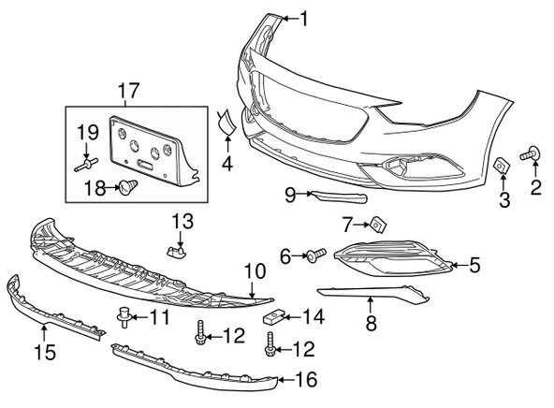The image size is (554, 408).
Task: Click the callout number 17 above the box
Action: [128, 91]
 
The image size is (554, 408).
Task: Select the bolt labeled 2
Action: [530, 153]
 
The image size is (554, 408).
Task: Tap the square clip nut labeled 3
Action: [502, 166]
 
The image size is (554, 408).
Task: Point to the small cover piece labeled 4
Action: [226, 123]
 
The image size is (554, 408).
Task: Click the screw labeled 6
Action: [316, 255]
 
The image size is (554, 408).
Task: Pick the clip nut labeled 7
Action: [378, 226]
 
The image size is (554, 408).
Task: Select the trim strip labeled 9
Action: [339, 197]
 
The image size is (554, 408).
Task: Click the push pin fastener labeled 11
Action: [124, 317]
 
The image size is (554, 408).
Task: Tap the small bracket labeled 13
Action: [176, 251]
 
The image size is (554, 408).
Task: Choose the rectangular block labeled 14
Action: [273, 317]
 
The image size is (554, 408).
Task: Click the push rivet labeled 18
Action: [128, 187]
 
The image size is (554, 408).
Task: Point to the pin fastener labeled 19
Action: [86, 165]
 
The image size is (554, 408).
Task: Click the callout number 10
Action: [255, 271]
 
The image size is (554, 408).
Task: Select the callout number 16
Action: [306, 380]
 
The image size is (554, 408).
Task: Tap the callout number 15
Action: [45, 352]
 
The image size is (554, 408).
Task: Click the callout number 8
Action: [371, 323]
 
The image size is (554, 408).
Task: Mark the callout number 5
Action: [474, 265]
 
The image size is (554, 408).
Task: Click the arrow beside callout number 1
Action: [291, 19]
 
